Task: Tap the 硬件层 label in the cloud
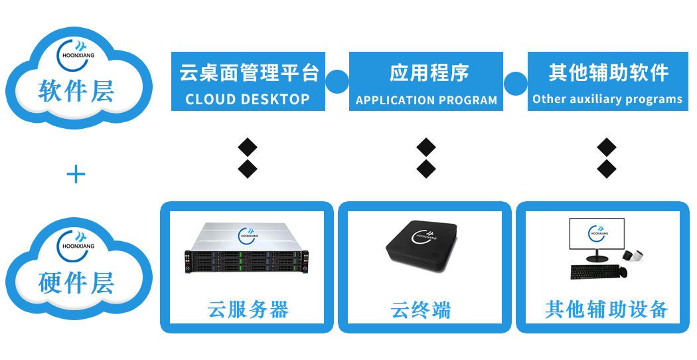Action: point(76,282)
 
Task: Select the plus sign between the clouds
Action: point(76,175)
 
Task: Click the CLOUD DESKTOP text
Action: point(248,100)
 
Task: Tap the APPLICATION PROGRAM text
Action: point(426,100)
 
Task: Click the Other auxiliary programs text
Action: point(607,100)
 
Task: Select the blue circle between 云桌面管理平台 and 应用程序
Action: point(337,82)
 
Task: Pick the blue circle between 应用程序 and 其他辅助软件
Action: point(515,82)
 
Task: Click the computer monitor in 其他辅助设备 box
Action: point(596,236)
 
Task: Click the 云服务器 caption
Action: point(248,310)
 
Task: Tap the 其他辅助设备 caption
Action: point(606,310)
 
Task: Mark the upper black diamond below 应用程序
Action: point(426,147)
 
